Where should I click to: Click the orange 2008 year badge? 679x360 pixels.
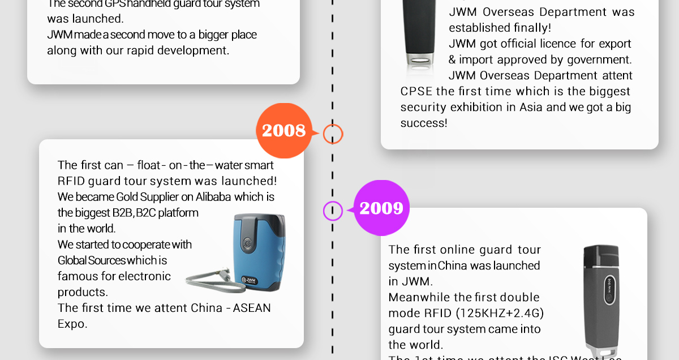(x=283, y=131)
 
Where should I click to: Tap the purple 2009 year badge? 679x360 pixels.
(x=381, y=208)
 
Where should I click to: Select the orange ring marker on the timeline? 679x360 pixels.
(x=333, y=134)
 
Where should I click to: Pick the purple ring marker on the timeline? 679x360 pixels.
(x=333, y=211)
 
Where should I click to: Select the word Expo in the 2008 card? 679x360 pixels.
(x=72, y=324)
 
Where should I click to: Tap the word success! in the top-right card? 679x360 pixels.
(x=424, y=123)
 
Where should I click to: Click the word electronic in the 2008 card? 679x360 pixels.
(x=145, y=276)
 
